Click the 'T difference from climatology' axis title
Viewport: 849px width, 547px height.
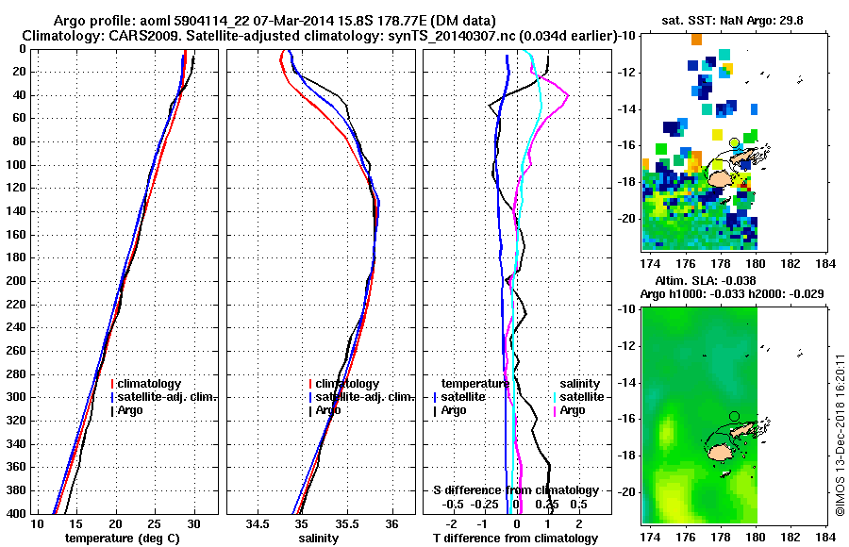click(516, 539)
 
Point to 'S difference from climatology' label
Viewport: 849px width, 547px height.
click(516, 490)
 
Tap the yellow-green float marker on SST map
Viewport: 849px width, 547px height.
click(735, 142)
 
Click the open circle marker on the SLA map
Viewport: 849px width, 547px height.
click(735, 416)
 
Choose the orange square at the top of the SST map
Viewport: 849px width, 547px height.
click(696, 39)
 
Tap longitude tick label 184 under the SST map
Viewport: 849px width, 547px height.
click(824, 264)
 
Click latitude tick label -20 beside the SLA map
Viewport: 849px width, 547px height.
click(626, 492)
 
